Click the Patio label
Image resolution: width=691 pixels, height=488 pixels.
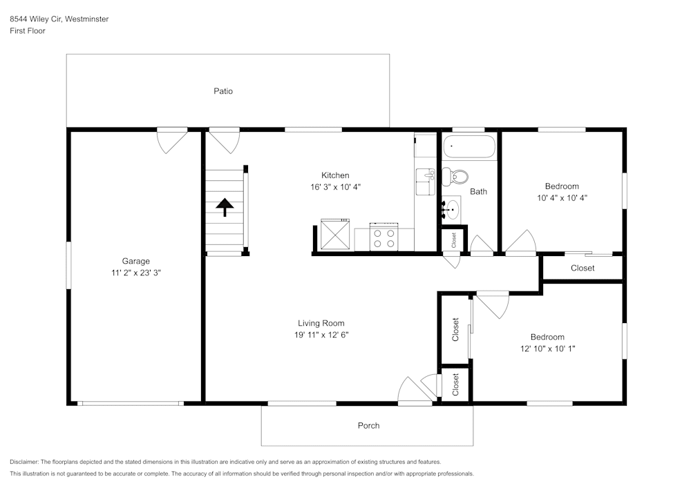tap(223, 91)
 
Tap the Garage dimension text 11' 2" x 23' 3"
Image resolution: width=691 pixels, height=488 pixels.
tap(136, 273)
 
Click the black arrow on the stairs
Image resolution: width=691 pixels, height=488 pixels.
tap(225, 206)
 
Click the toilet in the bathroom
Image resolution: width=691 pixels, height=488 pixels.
tap(455, 176)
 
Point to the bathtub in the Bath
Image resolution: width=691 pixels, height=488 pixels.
tap(469, 147)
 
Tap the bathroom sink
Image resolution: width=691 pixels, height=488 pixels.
tap(452, 208)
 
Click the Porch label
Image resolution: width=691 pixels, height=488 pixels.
tap(368, 426)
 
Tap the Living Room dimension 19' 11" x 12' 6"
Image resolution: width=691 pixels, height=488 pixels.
tap(321, 335)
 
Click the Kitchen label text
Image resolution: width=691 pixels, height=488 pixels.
tap(335, 175)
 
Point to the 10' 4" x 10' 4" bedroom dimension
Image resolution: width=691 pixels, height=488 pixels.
tap(561, 197)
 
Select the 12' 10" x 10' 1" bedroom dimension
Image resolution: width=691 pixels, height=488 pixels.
tap(547, 349)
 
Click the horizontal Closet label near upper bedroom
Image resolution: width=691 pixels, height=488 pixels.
tap(583, 268)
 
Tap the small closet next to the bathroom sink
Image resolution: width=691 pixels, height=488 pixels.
tap(454, 240)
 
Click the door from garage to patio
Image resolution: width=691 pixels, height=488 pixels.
tap(171, 140)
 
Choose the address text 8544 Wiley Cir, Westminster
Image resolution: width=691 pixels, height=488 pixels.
tap(59, 19)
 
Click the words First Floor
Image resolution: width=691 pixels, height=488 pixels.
tap(28, 31)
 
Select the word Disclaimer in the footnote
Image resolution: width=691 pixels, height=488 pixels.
tap(24, 462)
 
